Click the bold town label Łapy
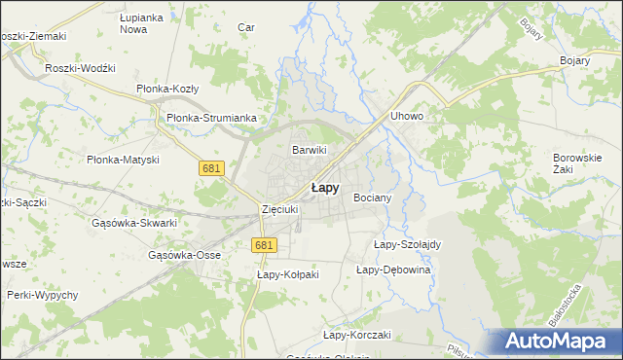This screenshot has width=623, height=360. [325, 189]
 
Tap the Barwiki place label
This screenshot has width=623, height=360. [310, 150]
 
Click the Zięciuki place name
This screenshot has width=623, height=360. [278, 209]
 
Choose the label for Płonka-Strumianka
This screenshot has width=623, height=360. [211, 118]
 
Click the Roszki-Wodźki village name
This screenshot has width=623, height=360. [81, 68]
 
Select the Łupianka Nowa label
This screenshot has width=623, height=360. [139, 24]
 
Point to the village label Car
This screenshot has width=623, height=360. [246, 27]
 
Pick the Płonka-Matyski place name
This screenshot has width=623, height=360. [123, 160]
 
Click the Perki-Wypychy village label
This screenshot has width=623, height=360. [43, 294]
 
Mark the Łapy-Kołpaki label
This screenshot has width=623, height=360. [288, 275]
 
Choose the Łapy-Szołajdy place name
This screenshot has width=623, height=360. [408, 244]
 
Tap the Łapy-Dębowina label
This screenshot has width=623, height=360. [393, 270]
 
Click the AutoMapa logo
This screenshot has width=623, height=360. [558, 342]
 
